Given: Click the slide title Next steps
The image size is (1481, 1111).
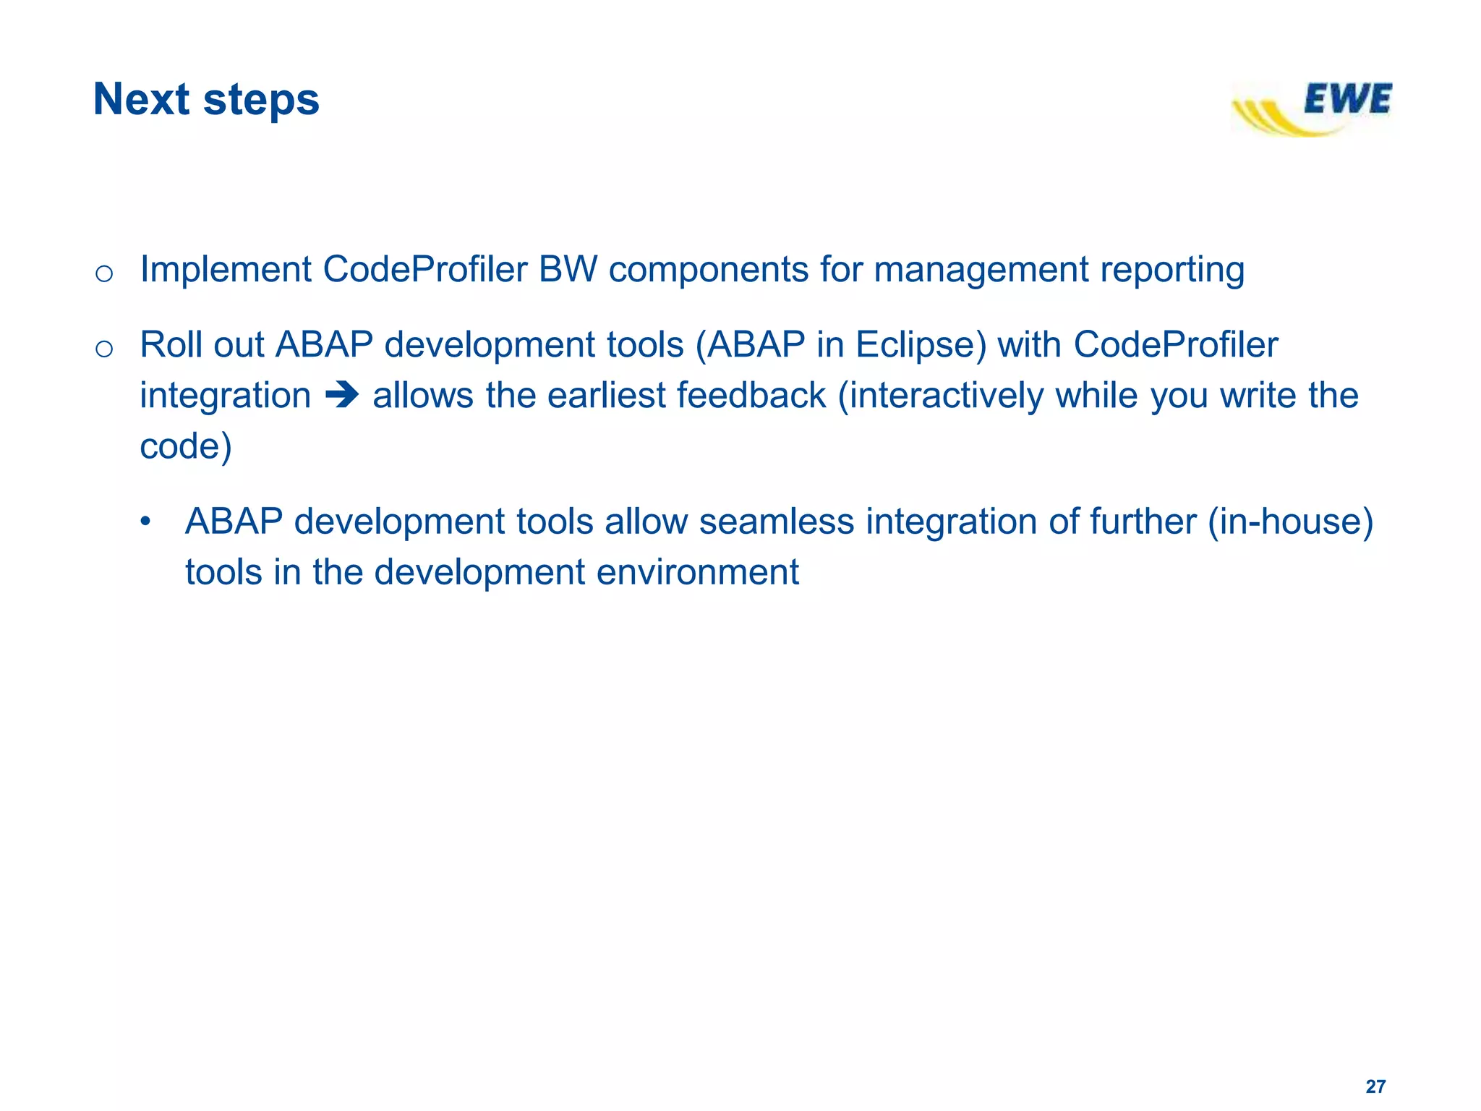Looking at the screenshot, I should [x=206, y=99].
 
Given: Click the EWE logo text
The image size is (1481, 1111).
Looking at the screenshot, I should [x=1347, y=100].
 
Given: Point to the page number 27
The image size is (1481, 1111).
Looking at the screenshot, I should [x=1375, y=1086].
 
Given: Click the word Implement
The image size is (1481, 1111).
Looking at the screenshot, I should [x=226, y=270].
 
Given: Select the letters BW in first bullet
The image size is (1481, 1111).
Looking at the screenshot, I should [x=568, y=269].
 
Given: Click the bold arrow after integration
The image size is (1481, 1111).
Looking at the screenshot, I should [x=341, y=395].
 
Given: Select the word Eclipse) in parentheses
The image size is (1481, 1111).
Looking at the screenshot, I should [x=921, y=345].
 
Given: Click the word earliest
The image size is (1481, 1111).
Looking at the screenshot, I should [x=606, y=396].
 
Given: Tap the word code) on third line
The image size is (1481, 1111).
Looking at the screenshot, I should [x=185, y=446].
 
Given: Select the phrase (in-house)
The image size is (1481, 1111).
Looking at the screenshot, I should [x=1290, y=522].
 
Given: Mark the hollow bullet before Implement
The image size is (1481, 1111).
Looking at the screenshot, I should [x=104, y=273].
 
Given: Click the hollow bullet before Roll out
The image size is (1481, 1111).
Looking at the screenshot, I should [x=104, y=349].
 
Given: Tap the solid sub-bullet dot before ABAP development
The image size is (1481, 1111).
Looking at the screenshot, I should [x=146, y=522].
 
